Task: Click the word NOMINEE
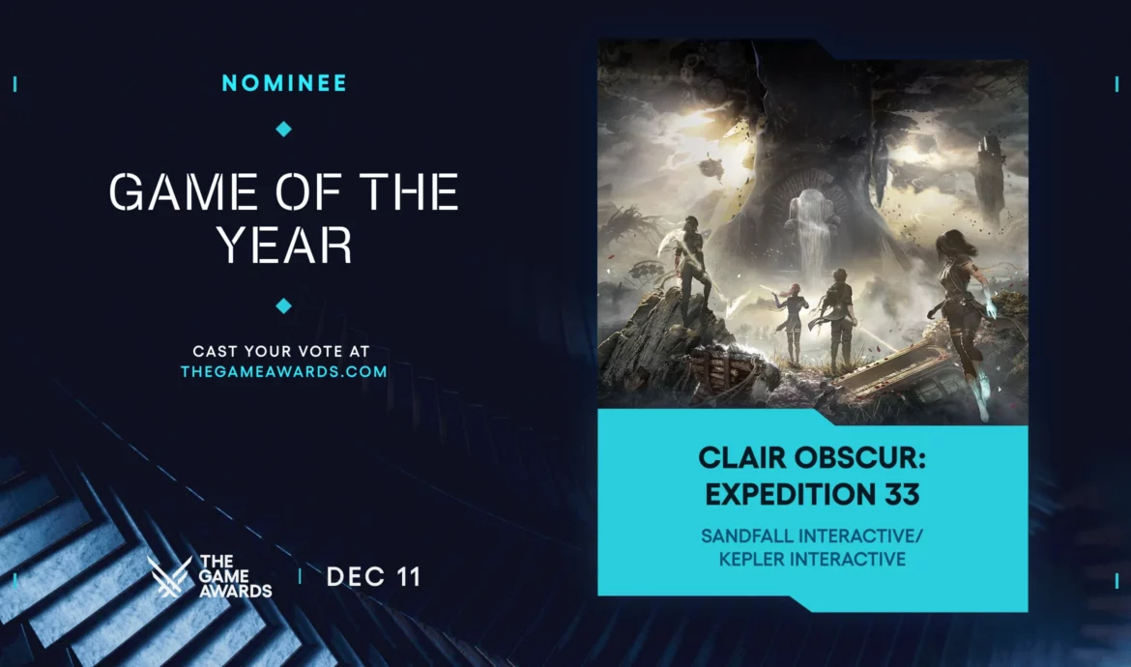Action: pos(284,83)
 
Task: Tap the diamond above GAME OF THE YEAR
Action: pos(283,129)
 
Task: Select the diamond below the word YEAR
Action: pos(283,305)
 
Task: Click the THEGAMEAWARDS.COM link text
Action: pos(283,371)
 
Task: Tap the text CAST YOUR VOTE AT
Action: pos(283,351)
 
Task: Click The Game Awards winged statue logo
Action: pos(169,577)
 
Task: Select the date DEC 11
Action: pos(373,577)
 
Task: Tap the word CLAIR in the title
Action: pos(745,456)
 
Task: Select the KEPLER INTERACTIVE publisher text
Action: pos(812,559)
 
